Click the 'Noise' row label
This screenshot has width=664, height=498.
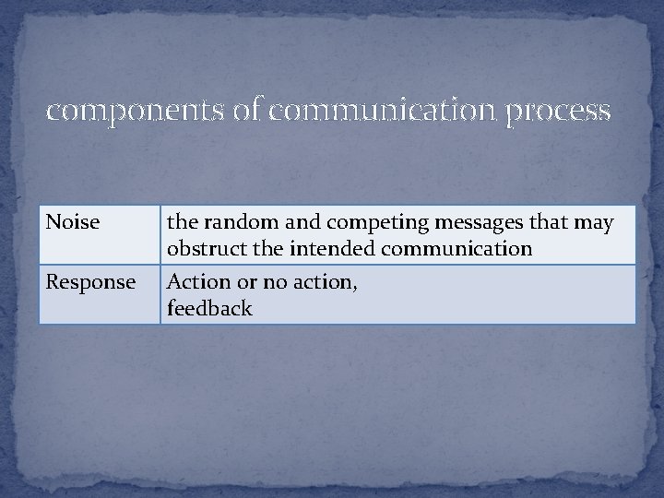tap(73, 222)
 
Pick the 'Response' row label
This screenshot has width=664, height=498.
tap(90, 282)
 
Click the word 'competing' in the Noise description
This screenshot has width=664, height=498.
tap(357, 223)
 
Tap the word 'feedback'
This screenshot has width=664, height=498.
tap(209, 308)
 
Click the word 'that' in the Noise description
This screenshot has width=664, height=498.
tap(546, 222)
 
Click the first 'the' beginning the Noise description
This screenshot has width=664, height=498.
tap(182, 222)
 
